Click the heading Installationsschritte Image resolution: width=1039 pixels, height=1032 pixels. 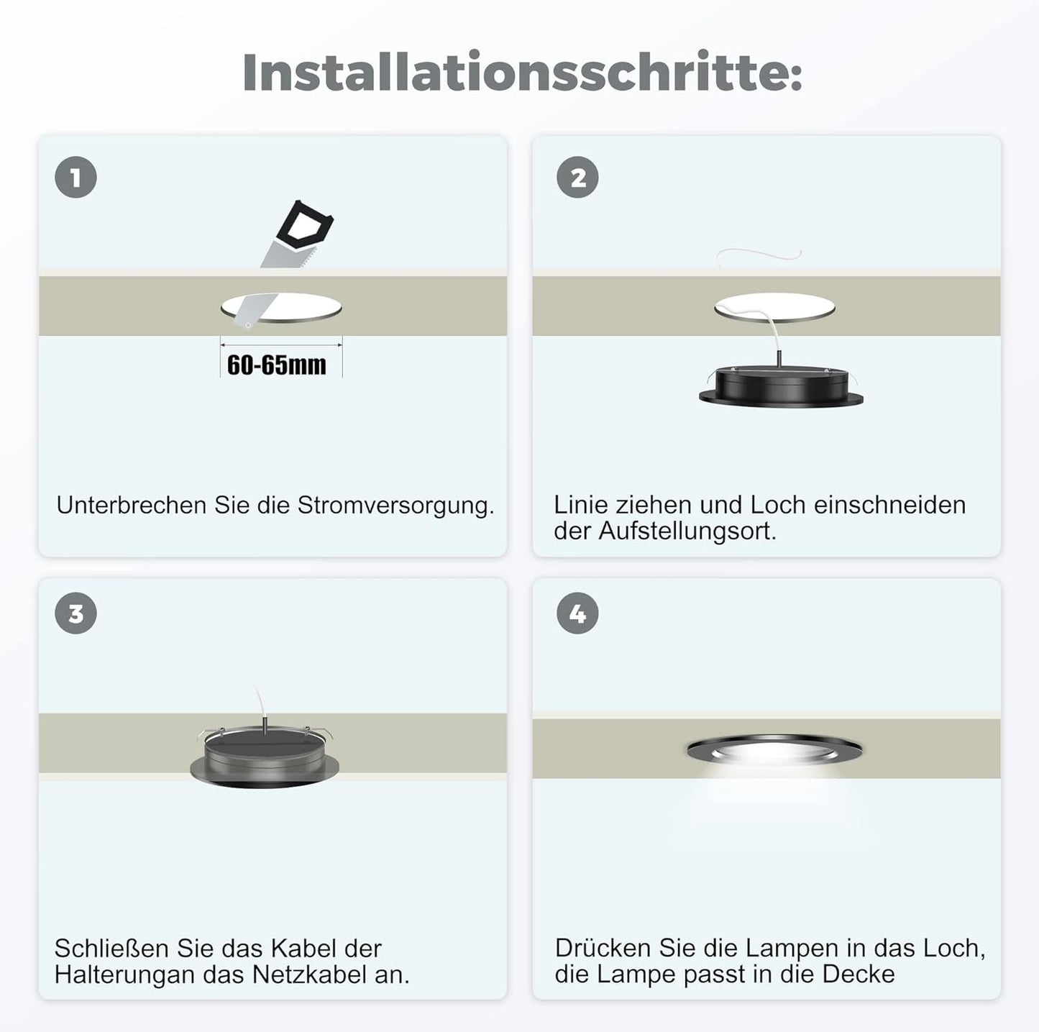coord(522,73)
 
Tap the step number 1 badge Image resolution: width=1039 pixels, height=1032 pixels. coord(76,178)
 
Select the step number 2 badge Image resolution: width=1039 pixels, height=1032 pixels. coord(577,178)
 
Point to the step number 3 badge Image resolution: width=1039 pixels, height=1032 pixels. coord(76,613)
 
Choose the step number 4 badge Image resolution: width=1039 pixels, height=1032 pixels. coord(577,613)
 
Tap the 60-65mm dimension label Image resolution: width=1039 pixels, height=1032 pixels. coord(277,365)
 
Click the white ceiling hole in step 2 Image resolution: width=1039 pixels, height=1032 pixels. coord(775,308)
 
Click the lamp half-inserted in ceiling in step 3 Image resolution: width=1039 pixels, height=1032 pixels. coord(264,757)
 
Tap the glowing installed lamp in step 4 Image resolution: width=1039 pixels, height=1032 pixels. coord(774,750)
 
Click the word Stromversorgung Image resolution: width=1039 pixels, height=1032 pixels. coord(395,506)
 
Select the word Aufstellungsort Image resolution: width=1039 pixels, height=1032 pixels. coord(687,531)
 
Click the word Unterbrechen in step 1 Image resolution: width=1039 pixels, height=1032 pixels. coord(132,506)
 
